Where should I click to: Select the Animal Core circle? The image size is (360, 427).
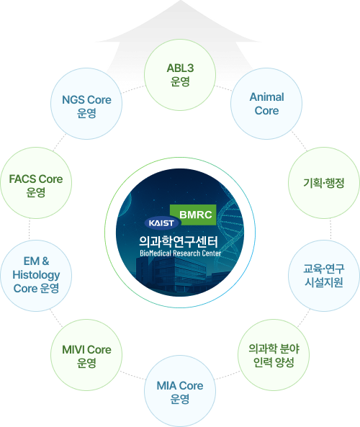(266, 104)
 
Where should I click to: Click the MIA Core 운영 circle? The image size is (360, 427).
(180, 392)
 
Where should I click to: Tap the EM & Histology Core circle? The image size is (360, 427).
(36, 274)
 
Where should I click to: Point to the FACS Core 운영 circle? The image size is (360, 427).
(36, 185)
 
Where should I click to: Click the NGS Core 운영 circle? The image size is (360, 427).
(86, 106)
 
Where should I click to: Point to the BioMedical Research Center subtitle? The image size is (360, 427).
(180, 253)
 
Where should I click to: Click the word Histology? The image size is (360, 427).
(36, 275)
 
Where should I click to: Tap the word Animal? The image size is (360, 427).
(266, 97)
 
